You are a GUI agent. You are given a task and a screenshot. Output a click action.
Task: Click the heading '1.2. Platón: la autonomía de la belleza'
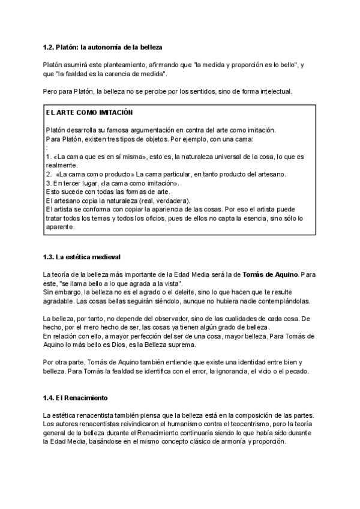(103, 46)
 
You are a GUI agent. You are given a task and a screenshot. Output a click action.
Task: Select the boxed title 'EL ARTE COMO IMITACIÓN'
(89, 113)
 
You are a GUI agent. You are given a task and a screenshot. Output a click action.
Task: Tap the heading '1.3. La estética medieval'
(82, 258)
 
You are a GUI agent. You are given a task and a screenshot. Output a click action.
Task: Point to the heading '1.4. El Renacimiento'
(74, 398)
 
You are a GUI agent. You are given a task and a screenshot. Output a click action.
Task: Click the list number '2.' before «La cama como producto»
(49, 174)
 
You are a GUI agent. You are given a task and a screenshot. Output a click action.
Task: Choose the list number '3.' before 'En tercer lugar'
(49, 182)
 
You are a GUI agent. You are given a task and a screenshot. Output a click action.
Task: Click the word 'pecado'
(296, 371)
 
